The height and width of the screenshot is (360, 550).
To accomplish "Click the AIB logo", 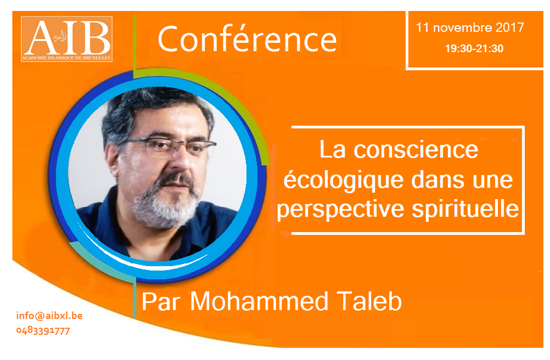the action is click(x=66, y=39).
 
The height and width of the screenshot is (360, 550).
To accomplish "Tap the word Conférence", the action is click(x=248, y=40).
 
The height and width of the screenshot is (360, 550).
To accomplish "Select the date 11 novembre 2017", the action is click(x=470, y=27).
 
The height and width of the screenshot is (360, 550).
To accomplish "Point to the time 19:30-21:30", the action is click(x=474, y=48).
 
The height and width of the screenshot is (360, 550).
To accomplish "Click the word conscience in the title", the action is click(x=416, y=150).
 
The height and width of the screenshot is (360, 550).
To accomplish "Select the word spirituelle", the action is click(x=465, y=209).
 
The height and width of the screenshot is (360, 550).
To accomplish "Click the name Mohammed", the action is click(x=259, y=301).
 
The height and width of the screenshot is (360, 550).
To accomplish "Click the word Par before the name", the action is click(x=161, y=302).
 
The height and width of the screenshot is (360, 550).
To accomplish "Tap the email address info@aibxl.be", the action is click(x=49, y=316).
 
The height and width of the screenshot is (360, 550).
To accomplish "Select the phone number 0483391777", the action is click(x=43, y=330).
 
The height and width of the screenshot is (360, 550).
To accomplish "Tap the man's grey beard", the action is click(x=165, y=203).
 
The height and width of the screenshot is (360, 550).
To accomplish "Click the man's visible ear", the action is click(x=113, y=160).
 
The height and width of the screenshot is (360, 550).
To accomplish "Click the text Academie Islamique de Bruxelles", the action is click(x=66, y=58).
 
